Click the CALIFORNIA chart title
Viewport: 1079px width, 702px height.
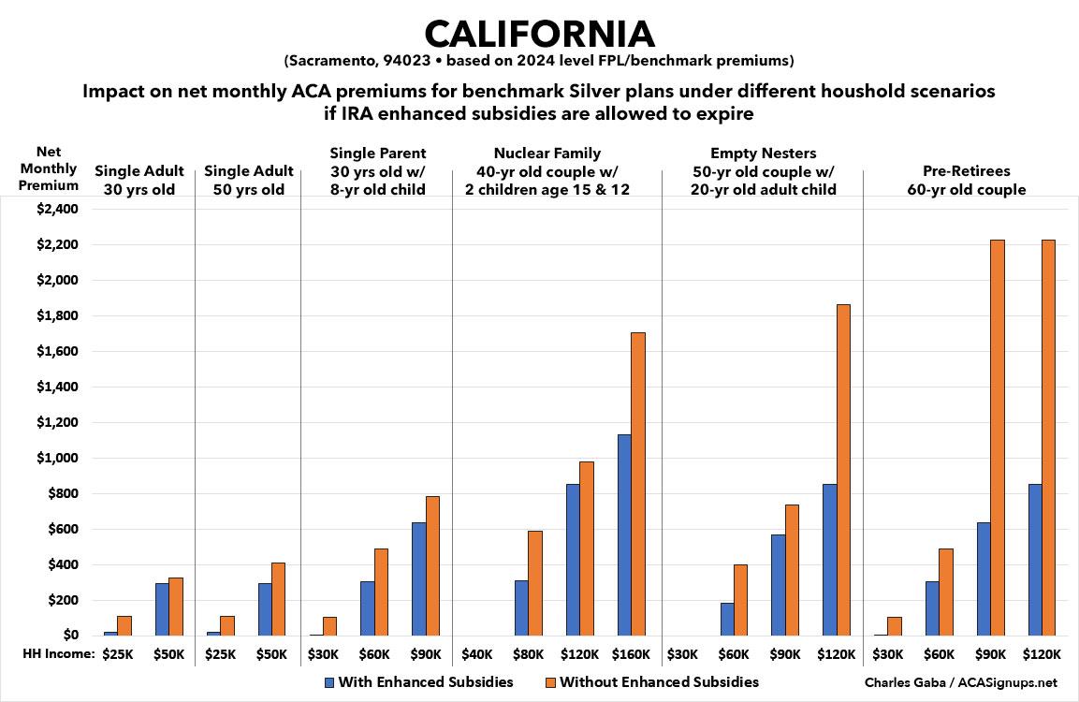click(539, 34)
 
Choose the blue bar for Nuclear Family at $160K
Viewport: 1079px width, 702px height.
click(624, 534)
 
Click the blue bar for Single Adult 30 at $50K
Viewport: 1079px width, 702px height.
click(162, 609)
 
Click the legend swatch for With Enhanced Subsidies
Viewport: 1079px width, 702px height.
click(328, 682)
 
